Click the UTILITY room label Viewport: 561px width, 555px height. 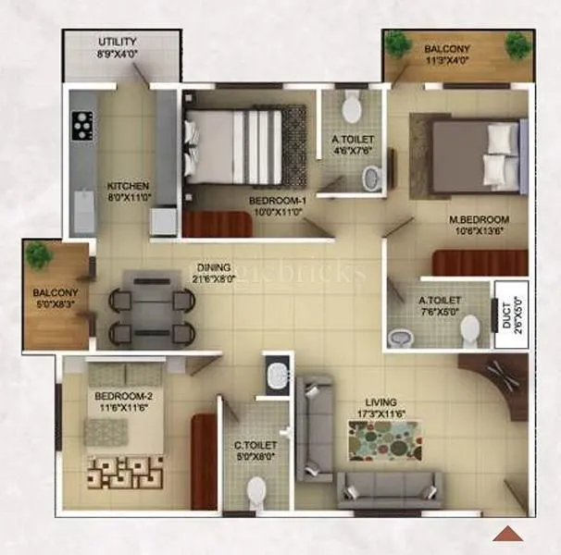118,43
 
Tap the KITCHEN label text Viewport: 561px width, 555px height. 128,184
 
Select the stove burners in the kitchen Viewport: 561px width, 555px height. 82,125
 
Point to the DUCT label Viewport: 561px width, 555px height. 506,314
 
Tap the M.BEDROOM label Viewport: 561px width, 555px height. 480,219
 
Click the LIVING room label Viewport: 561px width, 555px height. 380,402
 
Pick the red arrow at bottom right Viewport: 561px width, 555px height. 507,533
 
